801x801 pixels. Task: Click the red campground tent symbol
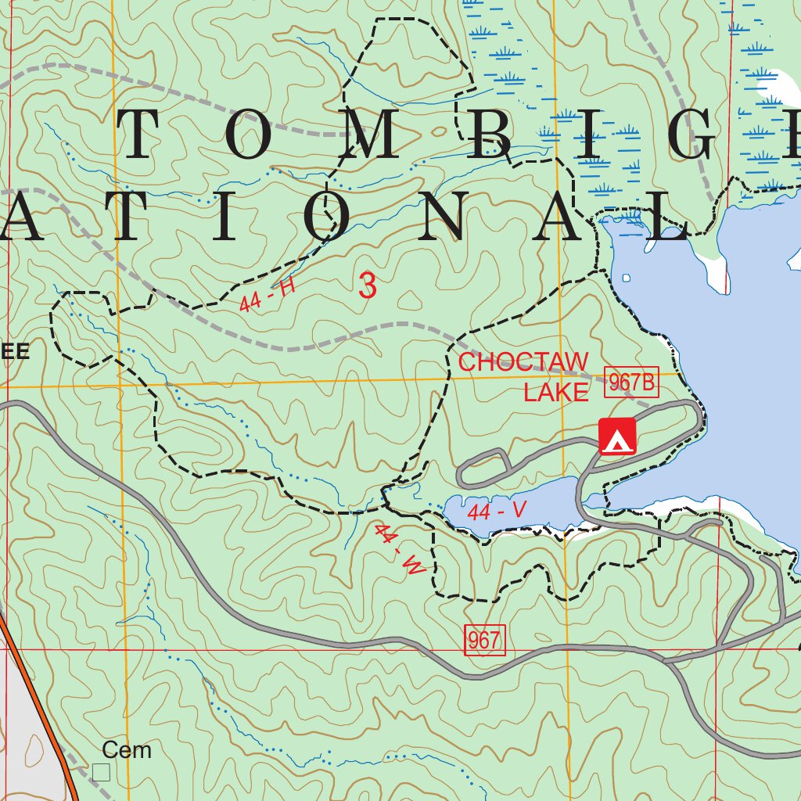click(617, 436)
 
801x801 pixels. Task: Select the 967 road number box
click(484, 640)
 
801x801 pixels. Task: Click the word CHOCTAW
click(523, 362)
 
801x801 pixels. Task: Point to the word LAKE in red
click(555, 393)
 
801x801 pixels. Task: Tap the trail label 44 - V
click(497, 512)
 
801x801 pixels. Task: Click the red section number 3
click(368, 286)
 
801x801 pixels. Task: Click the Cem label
click(126, 750)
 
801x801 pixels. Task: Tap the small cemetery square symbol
click(101, 772)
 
